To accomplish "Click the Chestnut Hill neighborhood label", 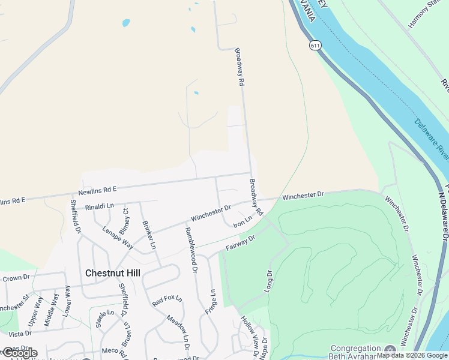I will click(x=113, y=272).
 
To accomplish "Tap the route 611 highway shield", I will click(x=315, y=45).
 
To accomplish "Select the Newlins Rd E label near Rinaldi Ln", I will click(x=97, y=190).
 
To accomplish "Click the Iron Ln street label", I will click(x=243, y=222).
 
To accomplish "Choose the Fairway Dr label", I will click(x=241, y=242).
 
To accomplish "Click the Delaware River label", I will click(x=432, y=140).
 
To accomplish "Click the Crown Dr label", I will click(x=16, y=278).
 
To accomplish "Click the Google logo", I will click(x=19, y=353).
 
